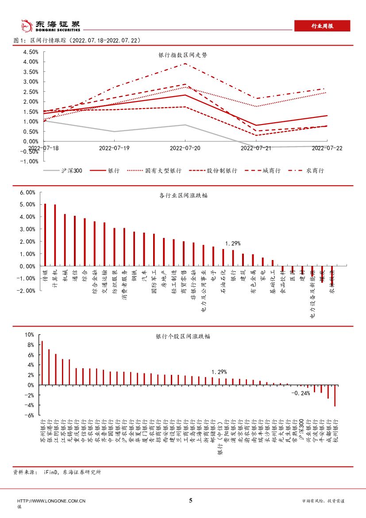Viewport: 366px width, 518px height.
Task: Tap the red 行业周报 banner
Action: [x=322, y=26]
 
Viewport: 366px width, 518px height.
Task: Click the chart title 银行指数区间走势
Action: [x=182, y=55]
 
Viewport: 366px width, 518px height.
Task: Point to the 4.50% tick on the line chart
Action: [x=31, y=51]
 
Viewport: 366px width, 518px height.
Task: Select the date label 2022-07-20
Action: [x=185, y=148]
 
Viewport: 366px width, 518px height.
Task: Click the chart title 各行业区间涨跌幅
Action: [x=182, y=195]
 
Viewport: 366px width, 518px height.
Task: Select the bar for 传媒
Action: [x=45, y=235]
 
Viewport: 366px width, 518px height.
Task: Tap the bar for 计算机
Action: [x=55, y=235]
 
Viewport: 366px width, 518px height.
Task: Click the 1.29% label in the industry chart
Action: [x=233, y=244]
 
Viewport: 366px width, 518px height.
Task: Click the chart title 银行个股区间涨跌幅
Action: [x=182, y=336]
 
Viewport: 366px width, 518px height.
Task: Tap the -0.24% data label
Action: [x=301, y=393]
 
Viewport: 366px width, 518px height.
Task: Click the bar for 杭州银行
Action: [x=335, y=396]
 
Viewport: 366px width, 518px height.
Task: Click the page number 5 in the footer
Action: [x=191, y=501]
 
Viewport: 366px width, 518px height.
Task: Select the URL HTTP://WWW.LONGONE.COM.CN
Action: [x=51, y=501]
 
